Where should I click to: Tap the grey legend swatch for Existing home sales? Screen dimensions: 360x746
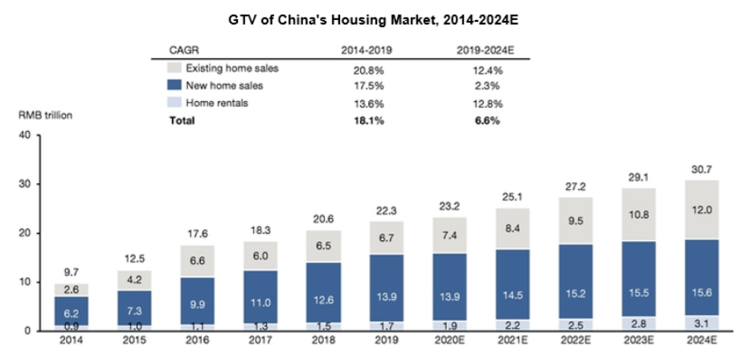(x=174, y=68)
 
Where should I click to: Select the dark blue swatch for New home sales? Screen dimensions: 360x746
(x=174, y=85)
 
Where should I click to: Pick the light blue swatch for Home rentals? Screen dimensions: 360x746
(x=174, y=103)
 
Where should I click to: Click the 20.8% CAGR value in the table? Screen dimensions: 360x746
(x=366, y=69)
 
